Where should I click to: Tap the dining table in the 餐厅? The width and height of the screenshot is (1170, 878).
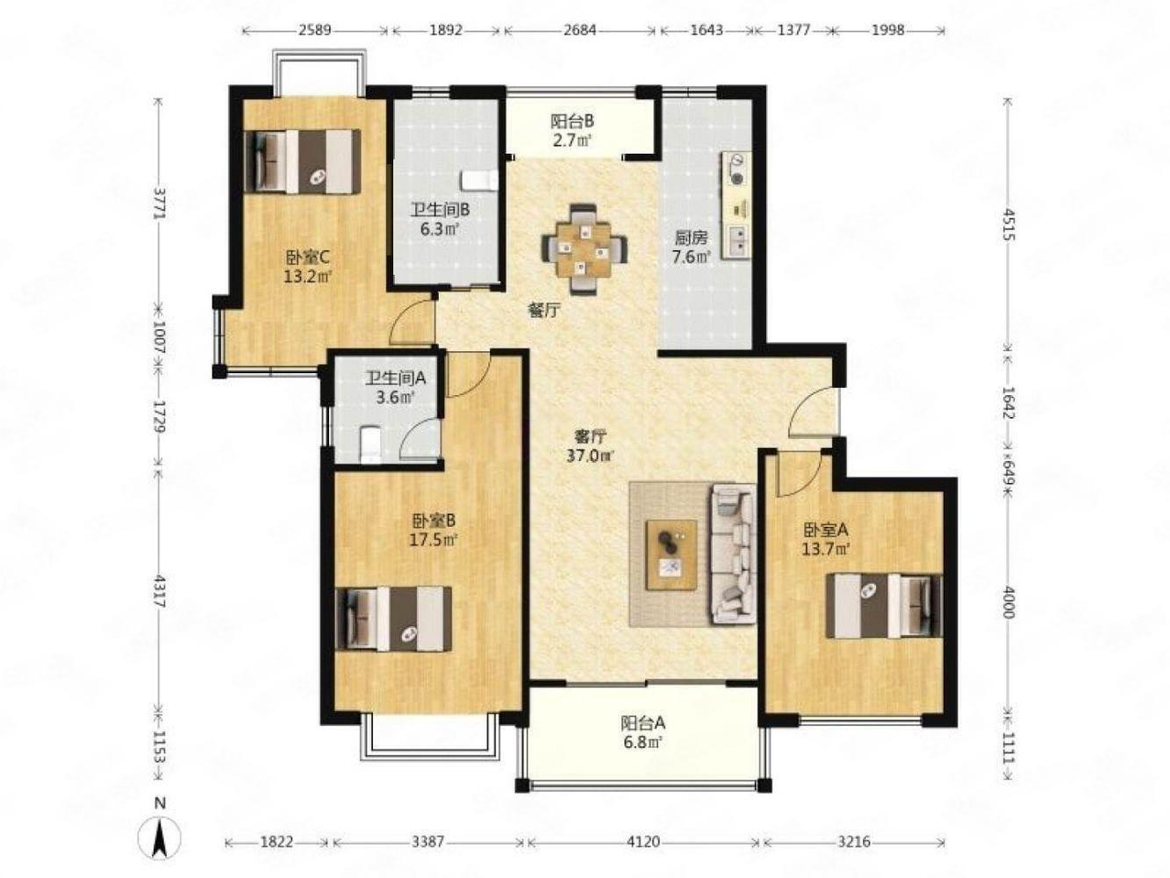(585, 249)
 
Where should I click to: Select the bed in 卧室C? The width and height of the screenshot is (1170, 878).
(302, 161)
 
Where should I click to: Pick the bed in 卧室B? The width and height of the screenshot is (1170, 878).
(394, 619)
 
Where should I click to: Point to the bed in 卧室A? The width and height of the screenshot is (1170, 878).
(884, 606)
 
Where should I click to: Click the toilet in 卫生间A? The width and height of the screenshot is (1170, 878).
(370, 444)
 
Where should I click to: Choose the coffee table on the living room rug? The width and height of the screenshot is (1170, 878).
(671, 555)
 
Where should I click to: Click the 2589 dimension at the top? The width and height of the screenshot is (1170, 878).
(314, 30)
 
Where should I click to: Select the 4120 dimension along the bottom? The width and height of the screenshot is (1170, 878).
(643, 842)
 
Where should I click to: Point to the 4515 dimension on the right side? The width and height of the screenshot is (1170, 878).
(1007, 224)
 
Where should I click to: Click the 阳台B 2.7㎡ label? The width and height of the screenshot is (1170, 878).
(572, 131)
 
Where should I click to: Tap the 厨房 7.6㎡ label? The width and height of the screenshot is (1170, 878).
(692, 247)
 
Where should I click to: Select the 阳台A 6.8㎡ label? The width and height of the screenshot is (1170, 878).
(642, 732)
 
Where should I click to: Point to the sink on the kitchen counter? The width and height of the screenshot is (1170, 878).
(737, 240)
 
